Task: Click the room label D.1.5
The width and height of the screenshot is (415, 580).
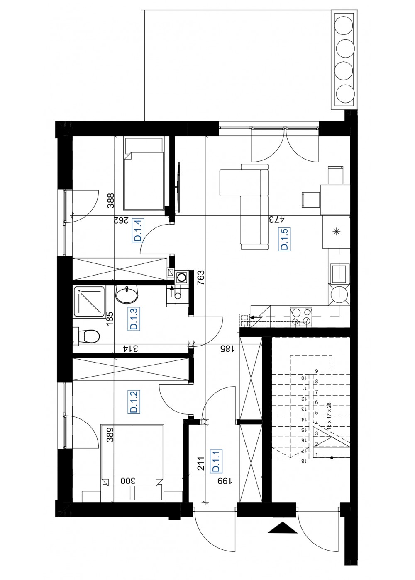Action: (x=284, y=239)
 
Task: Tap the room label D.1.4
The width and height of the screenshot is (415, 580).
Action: (x=138, y=230)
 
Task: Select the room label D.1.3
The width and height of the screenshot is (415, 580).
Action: (x=134, y=318)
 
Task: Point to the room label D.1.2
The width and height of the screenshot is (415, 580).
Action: (x=134, y=401)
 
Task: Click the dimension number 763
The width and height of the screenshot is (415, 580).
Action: (x=201, y=278)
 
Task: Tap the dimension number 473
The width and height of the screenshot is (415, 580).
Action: (x=277, y=220)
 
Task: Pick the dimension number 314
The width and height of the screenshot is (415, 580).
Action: (x=130, y=349)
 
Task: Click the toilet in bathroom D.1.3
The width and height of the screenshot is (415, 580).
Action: (x=86, y=336)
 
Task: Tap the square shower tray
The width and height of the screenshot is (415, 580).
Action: (x=89, y=302)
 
